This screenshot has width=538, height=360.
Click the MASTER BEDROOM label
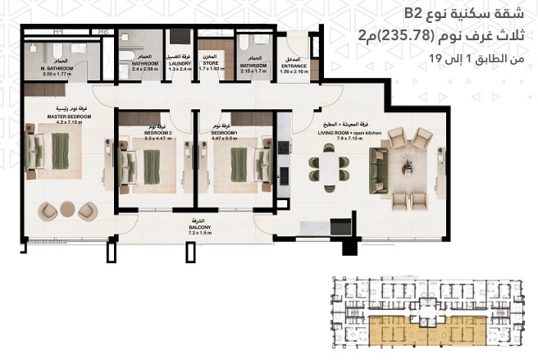57,117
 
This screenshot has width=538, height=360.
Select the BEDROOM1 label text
224,132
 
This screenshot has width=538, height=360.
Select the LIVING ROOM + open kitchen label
351,132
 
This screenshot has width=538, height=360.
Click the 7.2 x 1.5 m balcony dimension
200,234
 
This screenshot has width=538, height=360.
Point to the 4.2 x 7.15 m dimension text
57,123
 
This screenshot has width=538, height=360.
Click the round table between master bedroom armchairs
71,212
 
